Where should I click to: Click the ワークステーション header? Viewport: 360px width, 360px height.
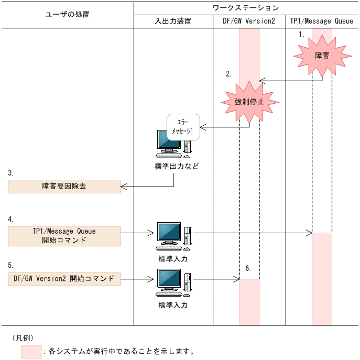[246, 8]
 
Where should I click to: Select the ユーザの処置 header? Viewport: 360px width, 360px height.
[67, 15]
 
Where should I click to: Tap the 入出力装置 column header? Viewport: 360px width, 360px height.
[173, 21]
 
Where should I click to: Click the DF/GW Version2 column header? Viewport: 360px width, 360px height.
[249, 21]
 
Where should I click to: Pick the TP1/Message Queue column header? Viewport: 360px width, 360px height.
[322, 21]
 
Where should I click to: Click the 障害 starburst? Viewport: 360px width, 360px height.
[322, 56]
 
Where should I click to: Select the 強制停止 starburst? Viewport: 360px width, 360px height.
[249, 101]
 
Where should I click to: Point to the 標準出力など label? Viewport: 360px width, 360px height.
[173, 166]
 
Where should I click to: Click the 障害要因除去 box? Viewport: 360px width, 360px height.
[64, 187]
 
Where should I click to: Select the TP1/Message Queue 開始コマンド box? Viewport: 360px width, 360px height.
[64, 236]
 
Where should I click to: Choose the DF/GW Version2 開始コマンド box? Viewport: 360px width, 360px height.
[64, 279]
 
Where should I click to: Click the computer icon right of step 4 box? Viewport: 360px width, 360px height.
[173, 236]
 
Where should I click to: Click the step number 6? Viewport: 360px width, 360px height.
[248, 268]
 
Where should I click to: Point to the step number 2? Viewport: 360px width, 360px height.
[228, 74]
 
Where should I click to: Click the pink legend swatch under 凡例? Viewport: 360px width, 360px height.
[31, 352]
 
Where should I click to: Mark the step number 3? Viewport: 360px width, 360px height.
[11, 172]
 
